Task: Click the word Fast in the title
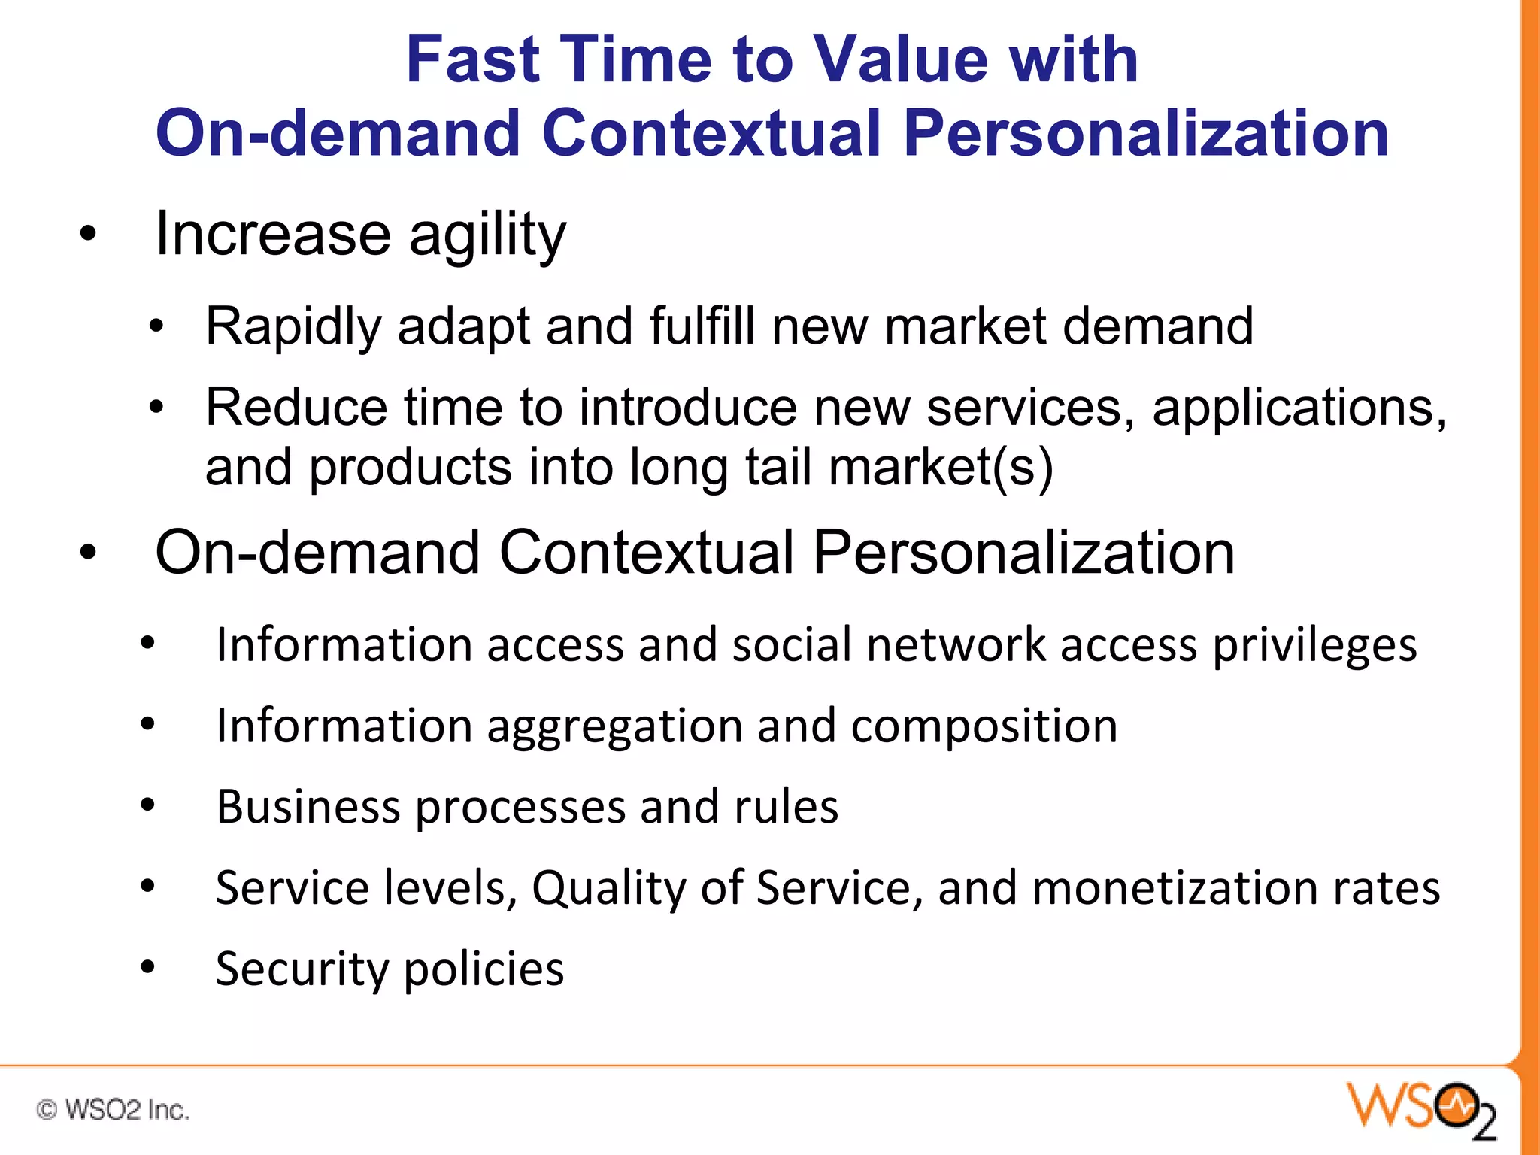pos(472,59)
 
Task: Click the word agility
pos(487,235)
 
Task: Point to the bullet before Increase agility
pos(89,234)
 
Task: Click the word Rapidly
pos(293,327)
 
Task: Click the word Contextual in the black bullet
pos(646,553)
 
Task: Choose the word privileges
pos(1314,646)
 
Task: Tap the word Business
pos(308,807)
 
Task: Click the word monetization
pos(1175,888)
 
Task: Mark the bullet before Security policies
pos(147,967)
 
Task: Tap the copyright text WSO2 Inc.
pos(113,1110)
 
